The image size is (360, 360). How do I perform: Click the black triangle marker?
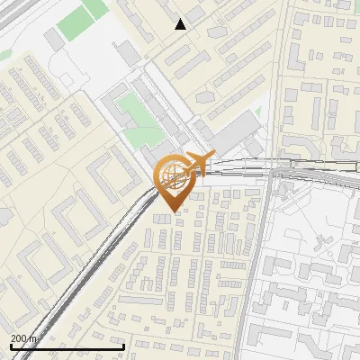click(181, 24)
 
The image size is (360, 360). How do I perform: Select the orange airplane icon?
click(195, 164)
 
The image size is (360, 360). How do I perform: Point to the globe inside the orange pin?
click(171, 175)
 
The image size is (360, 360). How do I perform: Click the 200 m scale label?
click(23, 338)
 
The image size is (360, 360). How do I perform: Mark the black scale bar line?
click(67, 346)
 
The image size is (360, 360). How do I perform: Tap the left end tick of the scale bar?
click(10, 345)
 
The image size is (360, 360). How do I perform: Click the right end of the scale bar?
click(123, 345)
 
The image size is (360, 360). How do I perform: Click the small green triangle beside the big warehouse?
click(258, 112)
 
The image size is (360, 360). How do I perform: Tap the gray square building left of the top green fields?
click(55, 40)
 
